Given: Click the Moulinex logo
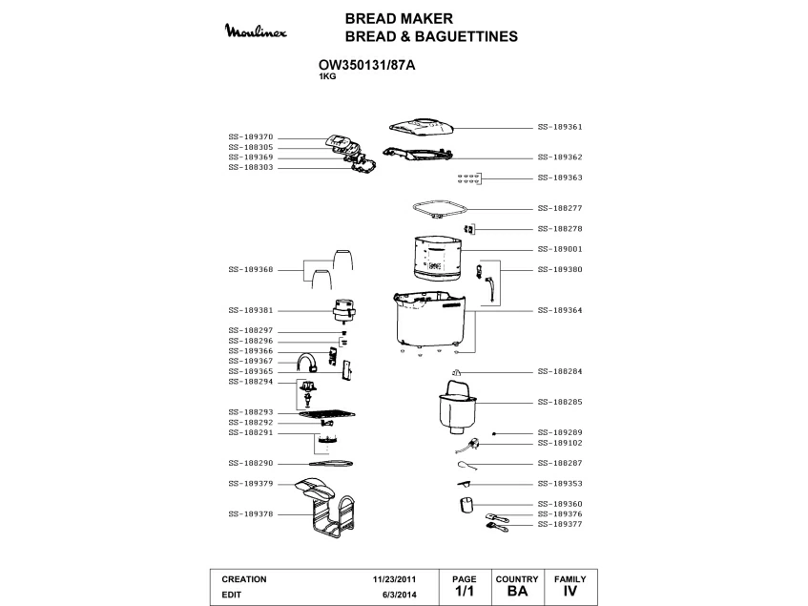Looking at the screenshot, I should (260, 32).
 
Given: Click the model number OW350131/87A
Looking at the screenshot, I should (366, 65).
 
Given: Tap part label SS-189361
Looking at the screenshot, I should (560, 126).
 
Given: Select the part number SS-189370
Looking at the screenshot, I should (251, 136).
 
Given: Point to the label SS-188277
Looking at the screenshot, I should (560, 207).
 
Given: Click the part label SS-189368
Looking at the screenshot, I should (251, 269).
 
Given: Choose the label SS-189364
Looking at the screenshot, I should (560, 309).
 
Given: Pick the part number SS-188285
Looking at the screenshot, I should (560, 402).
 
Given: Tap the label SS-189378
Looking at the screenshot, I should (251, 513).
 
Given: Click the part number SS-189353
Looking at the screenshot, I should (560, 483).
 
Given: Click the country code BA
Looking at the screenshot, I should (517, 592).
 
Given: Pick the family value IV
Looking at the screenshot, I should (570, 592).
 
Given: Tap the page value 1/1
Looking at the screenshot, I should (465, 592).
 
